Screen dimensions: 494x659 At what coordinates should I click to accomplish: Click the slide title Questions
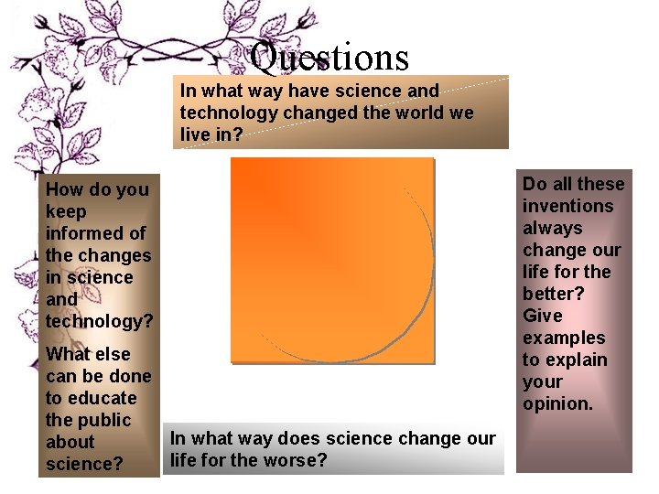pyautogui.click(x=329, y=57)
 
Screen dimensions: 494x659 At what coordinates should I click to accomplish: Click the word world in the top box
pyautogui.click(x=424, y=113)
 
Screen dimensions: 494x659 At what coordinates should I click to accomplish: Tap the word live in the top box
pyautogui.click(x=195, y=134)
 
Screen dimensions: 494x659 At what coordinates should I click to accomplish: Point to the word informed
pyautogui.click(x=95, y=233)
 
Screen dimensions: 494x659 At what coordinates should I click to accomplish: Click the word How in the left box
pyautogui.click(x=64, y=189)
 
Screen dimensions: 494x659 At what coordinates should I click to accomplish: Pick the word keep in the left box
pyautogui.click(x=66, y=211)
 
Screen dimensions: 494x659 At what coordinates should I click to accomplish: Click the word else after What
pyautogui.click(x=112, y=354)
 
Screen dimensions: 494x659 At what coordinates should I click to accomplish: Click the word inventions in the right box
pyautogui.click(x=567, y=206)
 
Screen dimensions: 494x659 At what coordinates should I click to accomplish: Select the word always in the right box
pyautogui.click(x=552, y=228)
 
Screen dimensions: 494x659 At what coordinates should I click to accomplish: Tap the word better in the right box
pyautogui.click(x=553, y=294)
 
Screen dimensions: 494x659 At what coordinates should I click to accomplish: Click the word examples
pyautogui.click(x=564, y=338)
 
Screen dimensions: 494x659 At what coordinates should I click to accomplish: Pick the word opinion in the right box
pyautogui.click(x=557, y=403)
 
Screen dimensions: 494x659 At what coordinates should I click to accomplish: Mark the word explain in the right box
pyautogui.click(x=577, y=360)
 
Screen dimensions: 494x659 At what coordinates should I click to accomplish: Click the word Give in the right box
pyautogui.click(x=542, y=316)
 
